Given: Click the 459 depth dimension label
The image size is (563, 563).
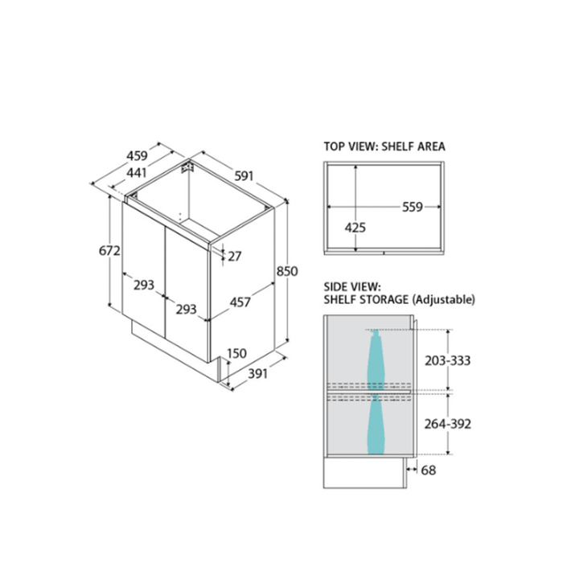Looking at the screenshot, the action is (138, 155).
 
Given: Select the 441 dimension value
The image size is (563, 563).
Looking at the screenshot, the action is (138, 173).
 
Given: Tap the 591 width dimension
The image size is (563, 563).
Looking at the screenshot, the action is (245, 176).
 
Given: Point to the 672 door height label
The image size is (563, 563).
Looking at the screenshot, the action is (109, 250).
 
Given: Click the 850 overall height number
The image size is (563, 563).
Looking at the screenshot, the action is (287, 271).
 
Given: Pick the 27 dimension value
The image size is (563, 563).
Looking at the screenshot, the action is (235, 257).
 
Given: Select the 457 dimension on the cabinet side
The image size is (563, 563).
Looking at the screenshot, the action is (240, 302).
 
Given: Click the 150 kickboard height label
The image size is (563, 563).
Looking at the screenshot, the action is (237, 354).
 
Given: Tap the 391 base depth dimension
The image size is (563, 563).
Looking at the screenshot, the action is (258, 374).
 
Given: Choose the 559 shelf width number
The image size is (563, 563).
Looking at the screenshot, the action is (413, 208).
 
